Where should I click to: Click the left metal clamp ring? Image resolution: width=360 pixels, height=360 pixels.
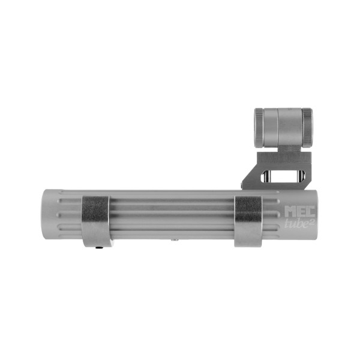pos(95,219)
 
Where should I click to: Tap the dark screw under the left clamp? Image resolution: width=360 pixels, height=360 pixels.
pos(99,245)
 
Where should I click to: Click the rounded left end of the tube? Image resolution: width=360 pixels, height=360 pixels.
pos(47,215)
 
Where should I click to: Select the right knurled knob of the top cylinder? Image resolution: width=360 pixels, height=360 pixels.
pos(307,127)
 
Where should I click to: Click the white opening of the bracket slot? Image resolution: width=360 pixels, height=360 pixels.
pos(283,175)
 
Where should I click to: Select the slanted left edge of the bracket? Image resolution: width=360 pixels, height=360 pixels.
pos(248,174)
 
